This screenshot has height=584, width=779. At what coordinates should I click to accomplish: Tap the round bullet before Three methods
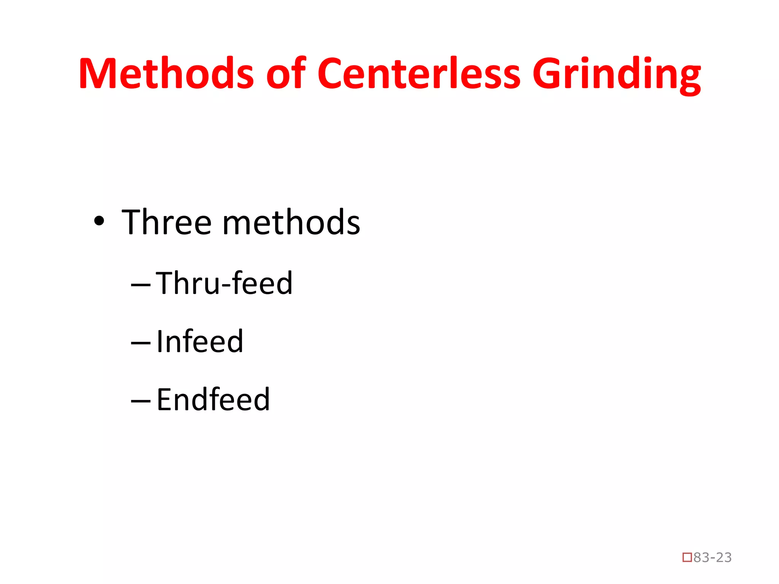click(99, 221)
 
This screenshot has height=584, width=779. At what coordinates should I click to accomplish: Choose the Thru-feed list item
click(224, 283)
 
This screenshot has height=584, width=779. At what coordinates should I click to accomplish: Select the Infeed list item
click(200, 341)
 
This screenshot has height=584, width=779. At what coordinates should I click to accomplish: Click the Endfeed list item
click(213, 400)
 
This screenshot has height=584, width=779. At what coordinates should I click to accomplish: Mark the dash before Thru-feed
click(141, 285)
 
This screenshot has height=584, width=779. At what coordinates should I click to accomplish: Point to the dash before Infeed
click(141, 343)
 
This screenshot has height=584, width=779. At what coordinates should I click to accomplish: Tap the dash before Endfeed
click(141, 401)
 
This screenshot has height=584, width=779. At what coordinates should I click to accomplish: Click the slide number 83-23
click(712, 557)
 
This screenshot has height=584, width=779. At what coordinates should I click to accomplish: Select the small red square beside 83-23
click(687, 558)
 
